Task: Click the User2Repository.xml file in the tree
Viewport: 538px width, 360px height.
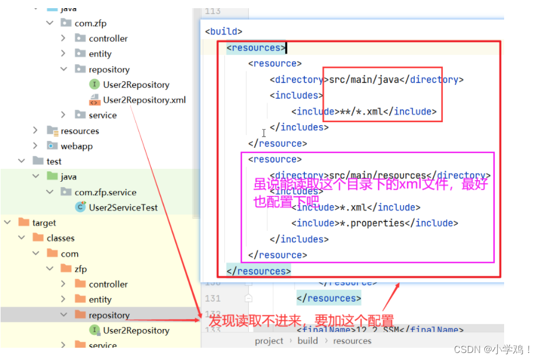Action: click(x=144, y=100)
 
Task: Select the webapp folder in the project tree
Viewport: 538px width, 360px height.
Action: click(x=76, y=146)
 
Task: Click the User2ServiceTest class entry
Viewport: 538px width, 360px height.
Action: click(x=123, y=207)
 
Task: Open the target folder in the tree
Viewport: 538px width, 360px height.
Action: click(x=44, y=223)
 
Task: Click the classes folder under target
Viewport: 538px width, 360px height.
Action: click(x=60, y=238)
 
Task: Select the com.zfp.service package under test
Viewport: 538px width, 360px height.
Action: click(x=105, y=192)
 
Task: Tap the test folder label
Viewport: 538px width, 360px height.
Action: click(x=54, y=161)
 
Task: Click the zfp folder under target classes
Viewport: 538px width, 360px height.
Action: click(x=80, y=269)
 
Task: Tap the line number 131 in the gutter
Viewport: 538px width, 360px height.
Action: click(x=213, y=298)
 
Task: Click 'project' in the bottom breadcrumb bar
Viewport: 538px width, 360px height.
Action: click(x=269, y=341)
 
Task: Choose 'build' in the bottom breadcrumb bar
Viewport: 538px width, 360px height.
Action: click(x=308, y=341)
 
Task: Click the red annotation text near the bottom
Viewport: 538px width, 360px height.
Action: click(x=301, y=320)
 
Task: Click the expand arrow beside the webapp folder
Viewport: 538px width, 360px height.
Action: click(x=35, y=146)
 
